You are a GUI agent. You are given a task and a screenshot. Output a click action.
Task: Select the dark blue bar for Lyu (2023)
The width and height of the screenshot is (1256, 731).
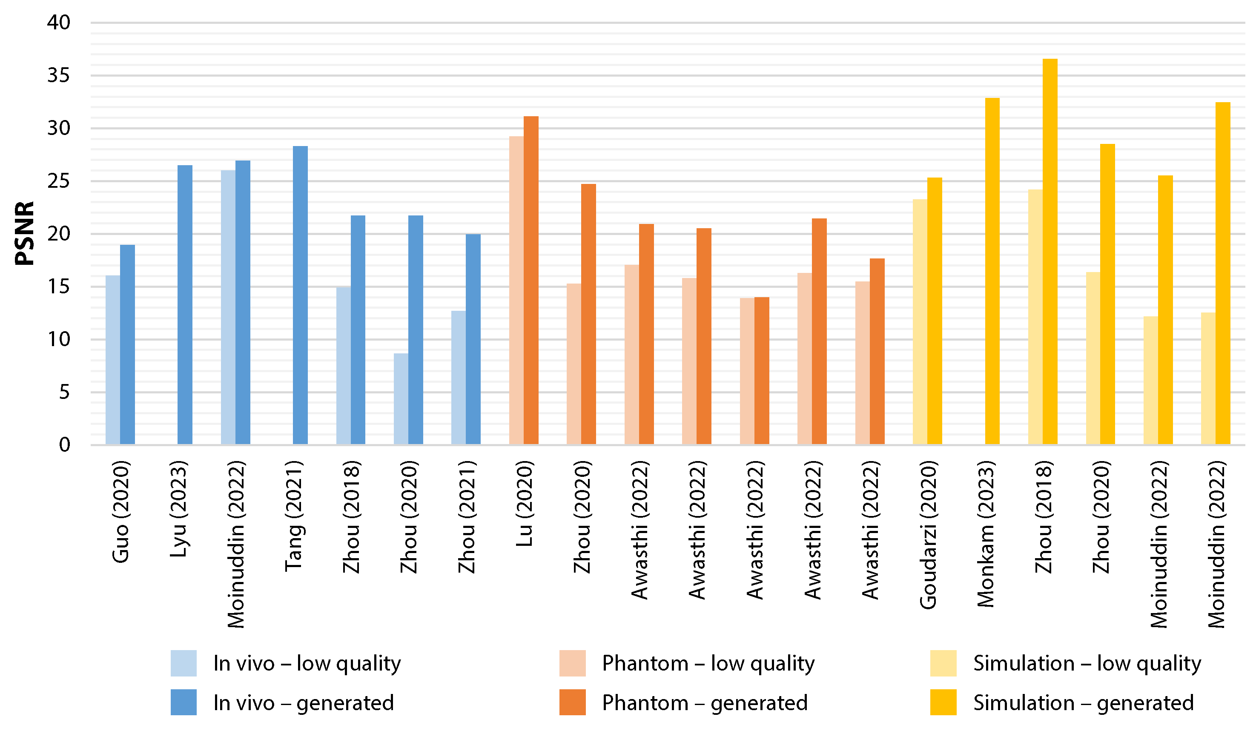[x=185, y=304]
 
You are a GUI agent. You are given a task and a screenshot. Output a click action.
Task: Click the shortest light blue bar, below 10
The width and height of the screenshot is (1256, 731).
[x=401, y=398]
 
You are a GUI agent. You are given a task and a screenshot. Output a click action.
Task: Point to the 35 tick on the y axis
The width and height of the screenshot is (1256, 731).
[x=59, y=76]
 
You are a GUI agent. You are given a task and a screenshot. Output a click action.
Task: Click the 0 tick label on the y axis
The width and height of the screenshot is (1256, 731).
[x=65, y=445]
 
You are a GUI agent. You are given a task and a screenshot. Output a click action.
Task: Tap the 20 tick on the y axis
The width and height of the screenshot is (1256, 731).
[x=59, y=234]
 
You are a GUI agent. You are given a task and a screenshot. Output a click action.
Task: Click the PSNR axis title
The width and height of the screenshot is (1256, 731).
[x=24, y=233]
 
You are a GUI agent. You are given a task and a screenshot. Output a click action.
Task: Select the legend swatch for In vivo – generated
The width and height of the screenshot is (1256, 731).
[x=184, y=702]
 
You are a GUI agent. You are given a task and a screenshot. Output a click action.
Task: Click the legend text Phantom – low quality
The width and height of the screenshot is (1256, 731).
[x=708, y=664]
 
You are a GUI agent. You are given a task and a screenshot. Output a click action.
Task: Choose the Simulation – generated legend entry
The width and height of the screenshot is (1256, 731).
[x=1083, y=702]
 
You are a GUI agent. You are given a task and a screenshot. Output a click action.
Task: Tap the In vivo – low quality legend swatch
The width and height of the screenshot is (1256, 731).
[x=184, y=663]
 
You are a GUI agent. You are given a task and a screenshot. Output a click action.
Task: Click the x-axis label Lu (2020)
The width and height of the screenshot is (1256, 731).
[x=525, y=503]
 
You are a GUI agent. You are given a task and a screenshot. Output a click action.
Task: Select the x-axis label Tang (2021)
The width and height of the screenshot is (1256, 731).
[x=294, y=516]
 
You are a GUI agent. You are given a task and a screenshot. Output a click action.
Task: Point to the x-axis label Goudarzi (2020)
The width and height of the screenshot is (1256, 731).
[x=928, y=535]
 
